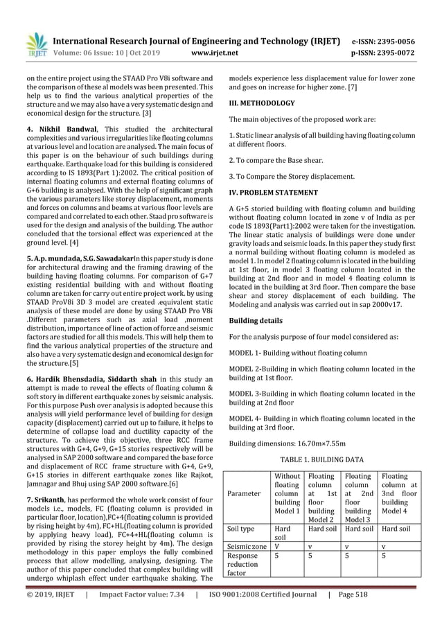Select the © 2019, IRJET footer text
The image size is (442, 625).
pos(50,613)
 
